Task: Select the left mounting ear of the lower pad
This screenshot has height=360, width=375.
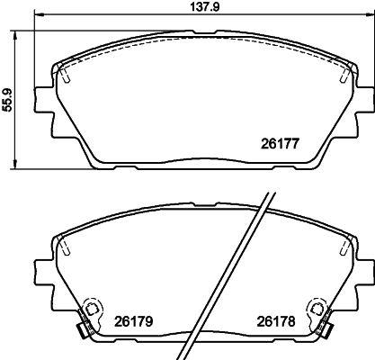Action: coord(41,268)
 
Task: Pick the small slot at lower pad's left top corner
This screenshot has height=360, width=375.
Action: coord(66,247)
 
